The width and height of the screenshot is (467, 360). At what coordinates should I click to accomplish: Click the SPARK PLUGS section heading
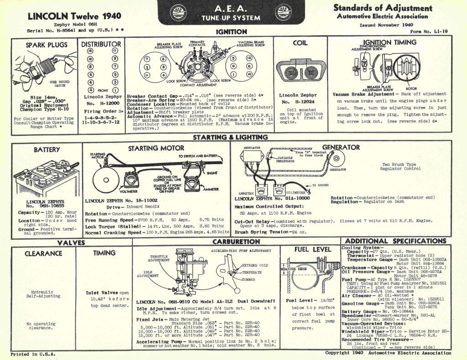(46, 45)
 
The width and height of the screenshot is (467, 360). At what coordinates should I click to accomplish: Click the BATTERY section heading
(47, 149)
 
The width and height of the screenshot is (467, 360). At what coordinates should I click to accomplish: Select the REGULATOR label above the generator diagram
(252, 148)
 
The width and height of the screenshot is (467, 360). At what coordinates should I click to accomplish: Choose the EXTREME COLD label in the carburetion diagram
(253, 265)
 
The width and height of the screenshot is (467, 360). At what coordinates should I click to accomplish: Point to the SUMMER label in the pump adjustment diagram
(249, 279)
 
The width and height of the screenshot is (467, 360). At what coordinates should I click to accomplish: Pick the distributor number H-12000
(103, 103)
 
